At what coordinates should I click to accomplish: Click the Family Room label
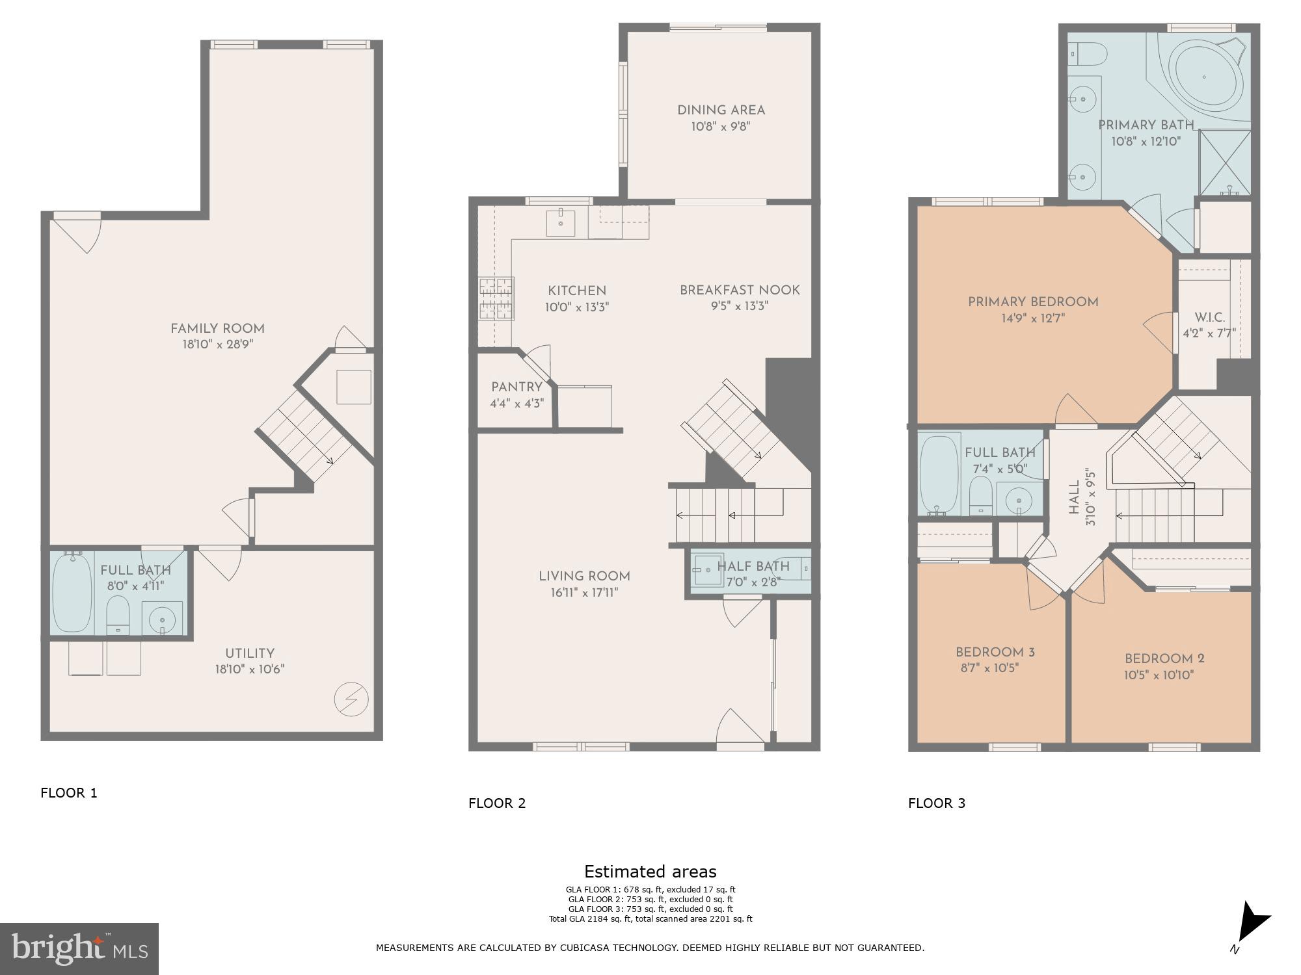217,328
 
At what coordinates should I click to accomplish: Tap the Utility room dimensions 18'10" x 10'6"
250,669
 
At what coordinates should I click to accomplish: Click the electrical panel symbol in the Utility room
351,700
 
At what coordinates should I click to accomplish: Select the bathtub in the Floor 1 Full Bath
72,592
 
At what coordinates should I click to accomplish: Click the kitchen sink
560,222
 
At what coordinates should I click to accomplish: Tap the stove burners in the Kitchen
496,298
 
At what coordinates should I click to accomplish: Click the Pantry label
516,387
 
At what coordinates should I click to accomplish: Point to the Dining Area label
721,110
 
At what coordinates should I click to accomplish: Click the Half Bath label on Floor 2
753,566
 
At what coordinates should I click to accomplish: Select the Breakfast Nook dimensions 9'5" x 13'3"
740,306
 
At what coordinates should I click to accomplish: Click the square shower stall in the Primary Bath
1224,162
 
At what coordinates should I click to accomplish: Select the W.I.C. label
1209,318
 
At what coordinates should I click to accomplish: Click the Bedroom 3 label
995,652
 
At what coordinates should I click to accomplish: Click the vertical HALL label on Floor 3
1074,497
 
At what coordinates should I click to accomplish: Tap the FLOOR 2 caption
496,803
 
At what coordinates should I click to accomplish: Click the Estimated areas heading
650,872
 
